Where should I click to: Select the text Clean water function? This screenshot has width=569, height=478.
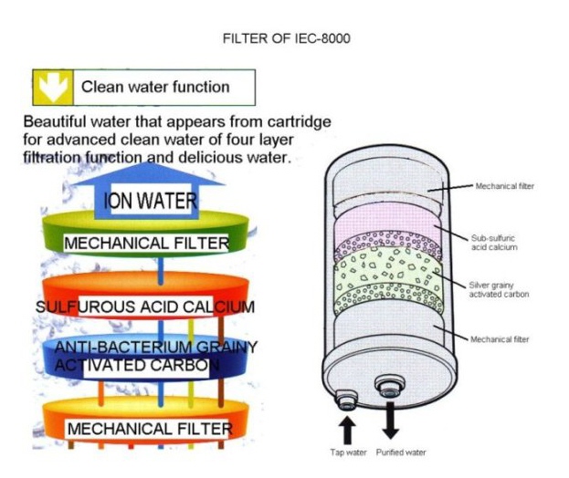click(x=155, y=88)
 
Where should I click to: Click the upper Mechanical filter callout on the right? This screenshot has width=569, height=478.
click(x=504, y=186)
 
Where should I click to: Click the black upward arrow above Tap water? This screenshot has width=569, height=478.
click(x=348, y=428)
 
